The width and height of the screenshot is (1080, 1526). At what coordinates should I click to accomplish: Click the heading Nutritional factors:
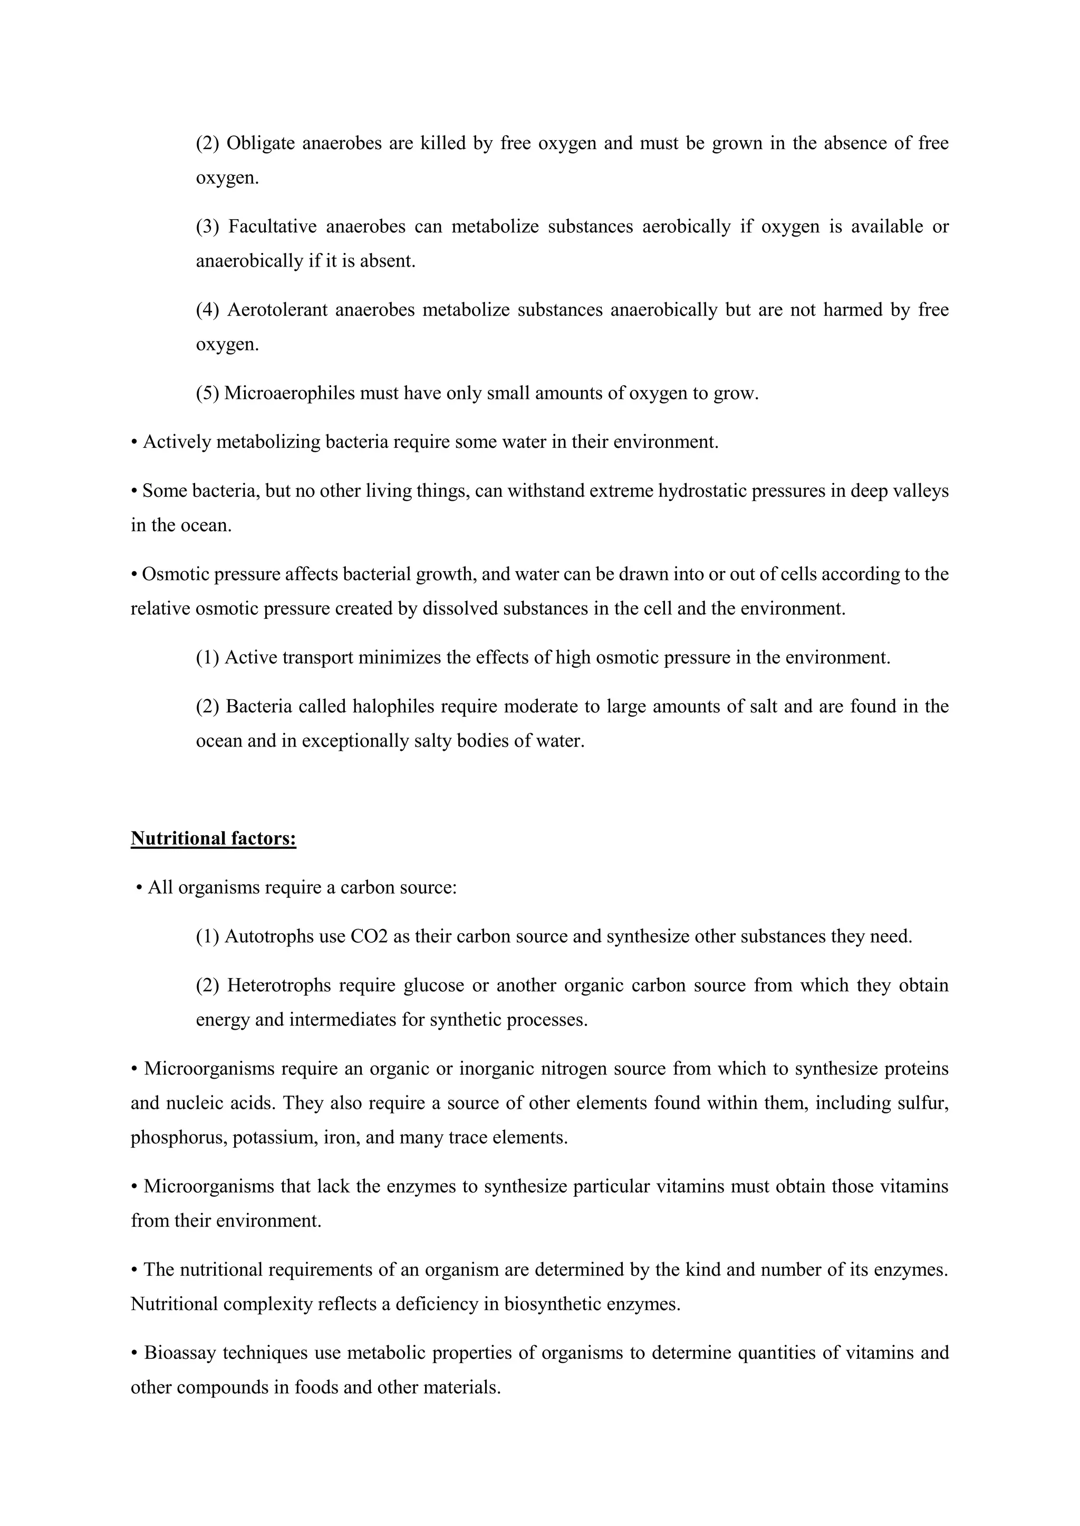click(214, 839)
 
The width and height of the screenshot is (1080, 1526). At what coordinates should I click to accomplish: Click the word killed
click(443, 143)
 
